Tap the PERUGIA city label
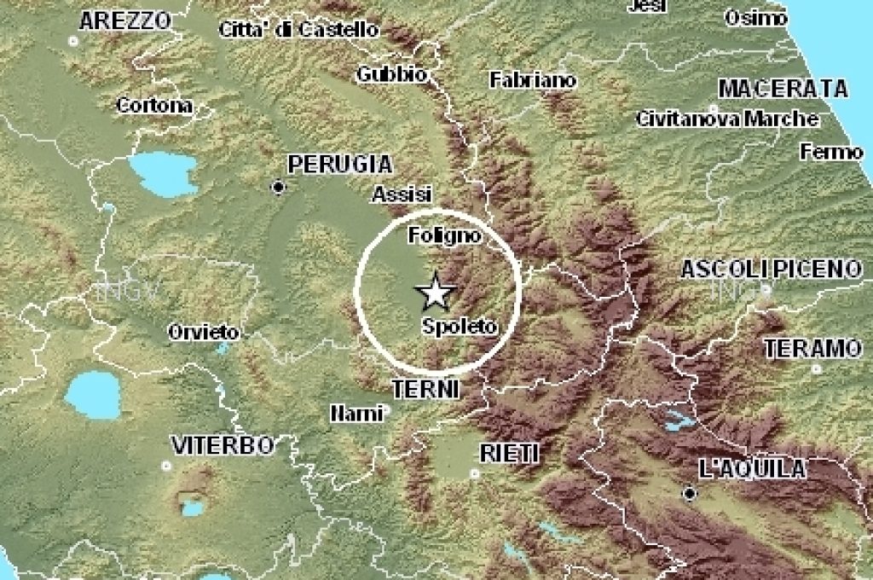point(339,164)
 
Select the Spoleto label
point(458,326)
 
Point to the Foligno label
point(443,235)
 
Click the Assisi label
point(402,195)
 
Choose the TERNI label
point(425,390)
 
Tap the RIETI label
point(510,452)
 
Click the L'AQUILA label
point(751,468)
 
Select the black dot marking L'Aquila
point(689,493)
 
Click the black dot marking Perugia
point(278,187)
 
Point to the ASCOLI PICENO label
point(771,270)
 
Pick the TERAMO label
point(812,348)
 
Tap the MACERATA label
point(783,89)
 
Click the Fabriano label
point(533,80)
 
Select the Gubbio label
point(391,74)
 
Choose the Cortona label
point(154,106)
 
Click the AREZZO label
point(124,21)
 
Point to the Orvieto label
point(203,332)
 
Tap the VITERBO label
point(223,444)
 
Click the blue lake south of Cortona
point(162,175)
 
